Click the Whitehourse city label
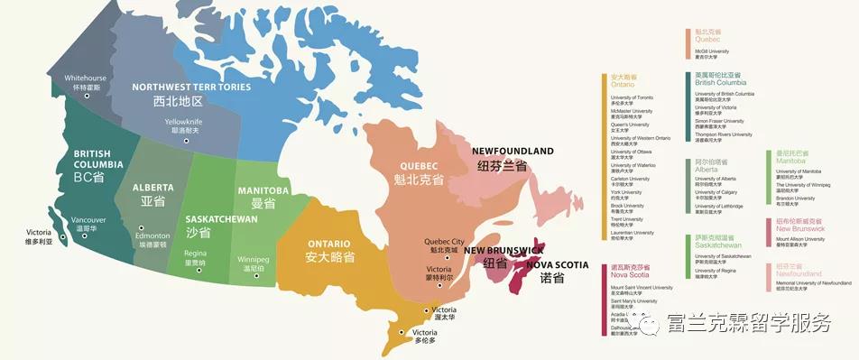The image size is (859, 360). click(85, 78)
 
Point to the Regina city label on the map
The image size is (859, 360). click(196, 254)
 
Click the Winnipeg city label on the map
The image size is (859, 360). click(253, 259)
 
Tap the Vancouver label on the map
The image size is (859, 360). click(88, 220)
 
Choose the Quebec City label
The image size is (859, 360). click(444, 242)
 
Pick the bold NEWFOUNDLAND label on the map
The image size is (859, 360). click(513, 151)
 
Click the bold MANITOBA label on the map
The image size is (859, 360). click(263, 191)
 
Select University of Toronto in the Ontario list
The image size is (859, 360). click(632, 97)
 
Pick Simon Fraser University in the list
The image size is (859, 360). click(719, 121)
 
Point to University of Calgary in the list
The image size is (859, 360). click(716, 192)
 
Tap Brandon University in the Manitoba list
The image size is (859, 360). click(795, 198)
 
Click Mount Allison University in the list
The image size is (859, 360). click(800, 239)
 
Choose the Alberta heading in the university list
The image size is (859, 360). click(707, 170)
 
